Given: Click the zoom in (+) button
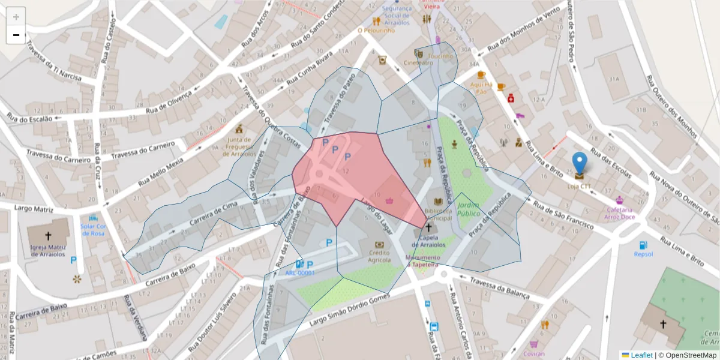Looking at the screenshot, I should pyautogui.click(x=16, y=17).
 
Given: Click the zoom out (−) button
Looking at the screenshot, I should pyautogui.click(x=16, y=35).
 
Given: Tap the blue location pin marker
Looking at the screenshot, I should pyautogui.click(x=580, y=164).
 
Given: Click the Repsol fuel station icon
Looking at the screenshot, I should pyautogui.click(x=643, y=245).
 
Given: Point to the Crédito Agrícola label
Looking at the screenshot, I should pyautogui.click(x=379, y=256).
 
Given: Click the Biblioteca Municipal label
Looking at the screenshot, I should pyautogui.click(x=437, y=214).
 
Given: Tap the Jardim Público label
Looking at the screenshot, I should pyautogui.click(x=469, y=209).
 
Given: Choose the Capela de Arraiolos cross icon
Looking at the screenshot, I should pyautogui.click(x=428, y=228).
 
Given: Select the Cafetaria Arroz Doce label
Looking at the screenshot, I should pyautogui.click(x=619, y=213).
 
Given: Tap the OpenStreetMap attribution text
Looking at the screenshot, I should pyautogui.click(x=690, y=355).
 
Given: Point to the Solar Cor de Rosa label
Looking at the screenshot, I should pyautogui.click(x=93, y=229).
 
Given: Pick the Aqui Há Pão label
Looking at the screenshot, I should pyautogui.click(x=481, y=88).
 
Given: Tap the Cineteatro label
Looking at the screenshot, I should pyautogui.click(x=418, y=63).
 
